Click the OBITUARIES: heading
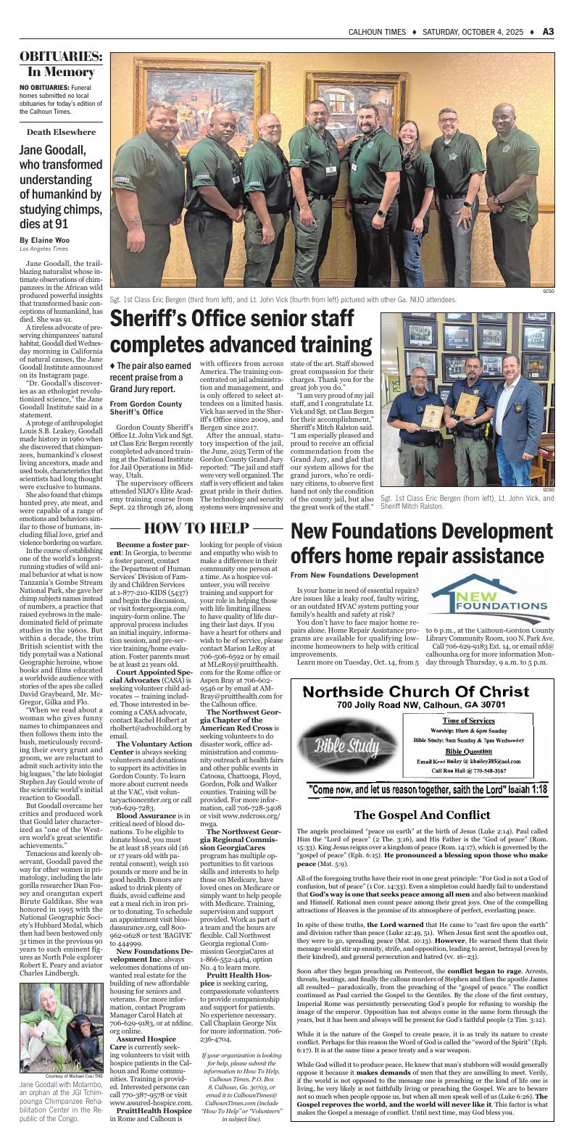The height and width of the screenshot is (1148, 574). click(x=60, y=57)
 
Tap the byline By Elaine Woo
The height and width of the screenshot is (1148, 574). click(x=45, y=240)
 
